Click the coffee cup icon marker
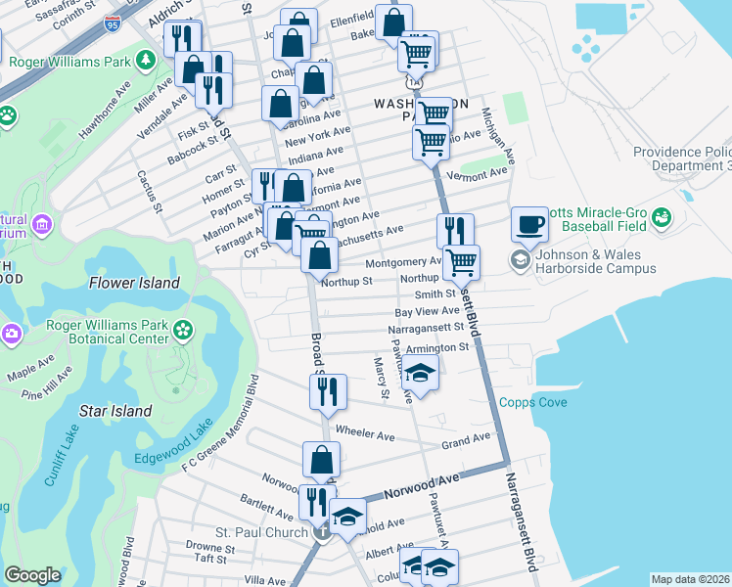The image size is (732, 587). (529, 225)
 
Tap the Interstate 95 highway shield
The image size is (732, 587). (113, 25)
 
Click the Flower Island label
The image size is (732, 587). (135, 283)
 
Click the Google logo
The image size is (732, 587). (32, 575)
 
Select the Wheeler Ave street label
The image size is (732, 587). (364, 431)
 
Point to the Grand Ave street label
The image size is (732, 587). (465, 441)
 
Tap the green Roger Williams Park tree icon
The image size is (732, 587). (146, 62)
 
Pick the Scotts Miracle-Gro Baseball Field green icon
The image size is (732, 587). (662, 215)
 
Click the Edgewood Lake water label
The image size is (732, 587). (173, 444)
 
